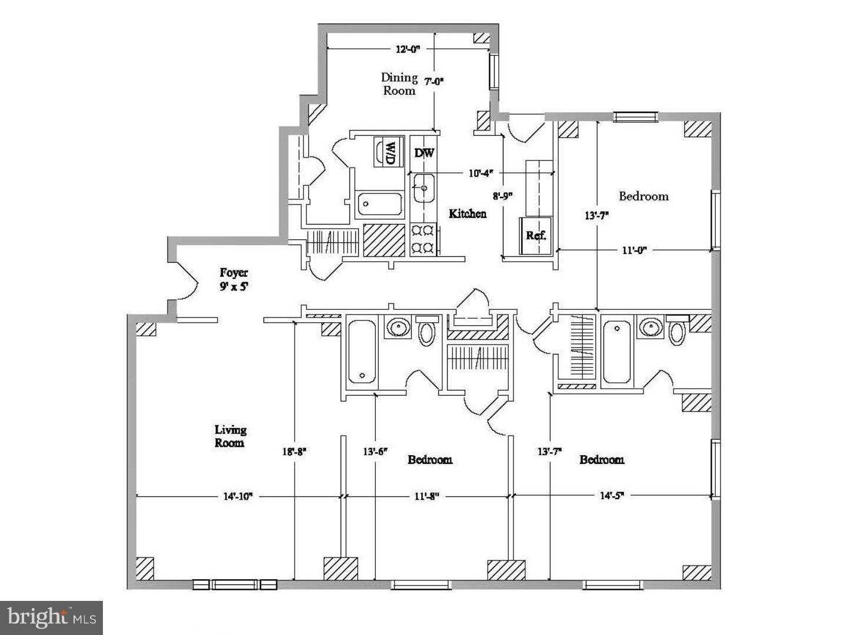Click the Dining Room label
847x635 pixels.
[x=399, y=84]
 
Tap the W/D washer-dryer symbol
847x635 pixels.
[x=388, y=152]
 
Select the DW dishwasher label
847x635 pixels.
[x=424, y=153]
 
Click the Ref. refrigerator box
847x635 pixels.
[x=536, y=235]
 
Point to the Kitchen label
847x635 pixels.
[x=468, y=213]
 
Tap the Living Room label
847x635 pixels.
[x=230, y=436]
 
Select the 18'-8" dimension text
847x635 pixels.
[x=294, y=452]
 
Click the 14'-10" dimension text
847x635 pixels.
[x=238, y=496]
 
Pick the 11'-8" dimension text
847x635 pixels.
[x=426, y=496]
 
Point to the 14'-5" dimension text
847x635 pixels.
[x=612, y=496]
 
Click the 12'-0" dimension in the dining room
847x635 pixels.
[x=407, y=49]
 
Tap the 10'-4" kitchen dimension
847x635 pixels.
[x=480, y=173]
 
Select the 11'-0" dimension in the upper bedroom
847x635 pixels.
[x=634, y=250]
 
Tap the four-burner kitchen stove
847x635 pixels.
[x=422, y=239]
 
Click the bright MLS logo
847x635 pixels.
[x=52, y=617]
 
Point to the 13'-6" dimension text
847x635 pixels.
[x=375, y=452]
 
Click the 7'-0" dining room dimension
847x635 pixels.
[x=433, y=81]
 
